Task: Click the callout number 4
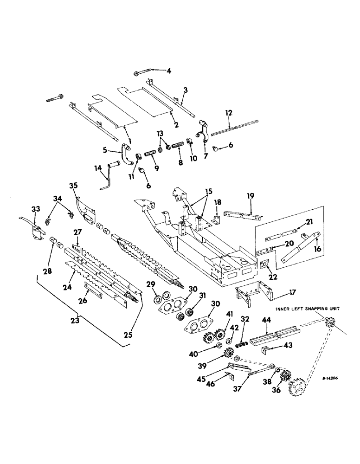(169, 71)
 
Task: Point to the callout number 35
(74, 187)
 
